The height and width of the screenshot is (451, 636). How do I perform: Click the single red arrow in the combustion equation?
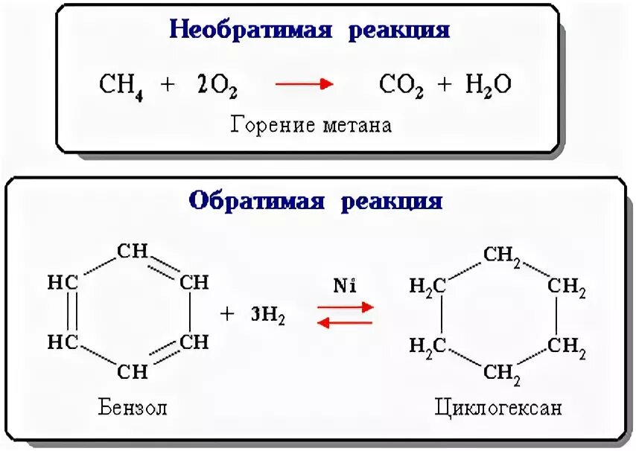tap(304, 84)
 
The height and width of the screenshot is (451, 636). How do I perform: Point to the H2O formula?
tap(489, 85)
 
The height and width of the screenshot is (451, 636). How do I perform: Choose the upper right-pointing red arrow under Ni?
tap(345, 305)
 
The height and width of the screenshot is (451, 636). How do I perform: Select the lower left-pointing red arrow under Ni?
tap(345, 321)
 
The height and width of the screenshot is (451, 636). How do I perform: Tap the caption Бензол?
tap(132, 408)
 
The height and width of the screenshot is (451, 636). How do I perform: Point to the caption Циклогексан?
tap(498, 408)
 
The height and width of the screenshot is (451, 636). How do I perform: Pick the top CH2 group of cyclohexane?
tap(502, 255)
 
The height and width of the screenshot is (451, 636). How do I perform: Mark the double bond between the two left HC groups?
tap(70, 312)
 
